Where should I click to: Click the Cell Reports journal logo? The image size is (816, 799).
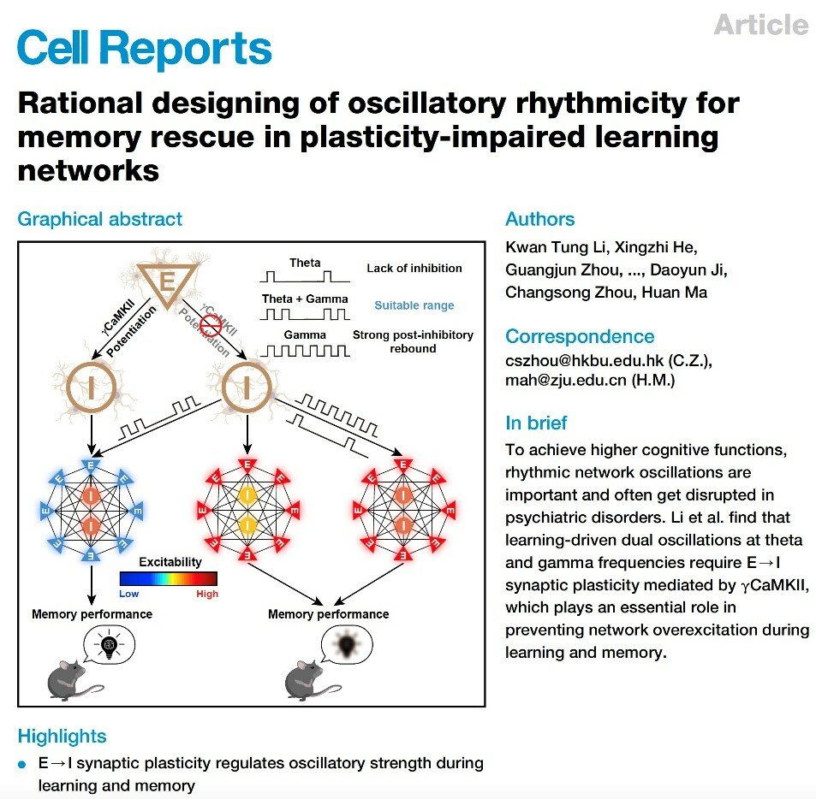[x=144, y=48]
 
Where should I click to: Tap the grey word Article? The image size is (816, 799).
[x=761, y=25]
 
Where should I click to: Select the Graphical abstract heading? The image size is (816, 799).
[x=100, y=219]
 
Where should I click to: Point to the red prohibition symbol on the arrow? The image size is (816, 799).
[x=211, y=326]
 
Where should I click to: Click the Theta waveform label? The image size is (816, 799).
[x=305, y=263]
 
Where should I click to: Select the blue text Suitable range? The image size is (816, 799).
[x=414, y=305]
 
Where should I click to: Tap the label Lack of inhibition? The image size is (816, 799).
[x=414, y=269]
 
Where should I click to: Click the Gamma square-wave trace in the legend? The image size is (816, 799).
[x=305, y=351]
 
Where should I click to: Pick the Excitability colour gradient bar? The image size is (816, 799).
[x=168, y=578]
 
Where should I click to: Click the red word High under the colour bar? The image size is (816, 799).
[x=207, y=594]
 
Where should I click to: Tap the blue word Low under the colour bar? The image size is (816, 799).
[x=128, y=594]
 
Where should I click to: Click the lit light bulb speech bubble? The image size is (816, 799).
[x=109, y=645]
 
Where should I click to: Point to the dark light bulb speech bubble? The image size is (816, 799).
[x=347, y=645]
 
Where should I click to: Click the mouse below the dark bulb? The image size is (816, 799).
[x=311, y=680]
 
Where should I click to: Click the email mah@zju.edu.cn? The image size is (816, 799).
[x=566, y=381]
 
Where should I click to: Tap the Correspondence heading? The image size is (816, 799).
[x=580, y=336]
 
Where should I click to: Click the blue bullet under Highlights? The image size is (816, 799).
[x=22, y=764]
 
